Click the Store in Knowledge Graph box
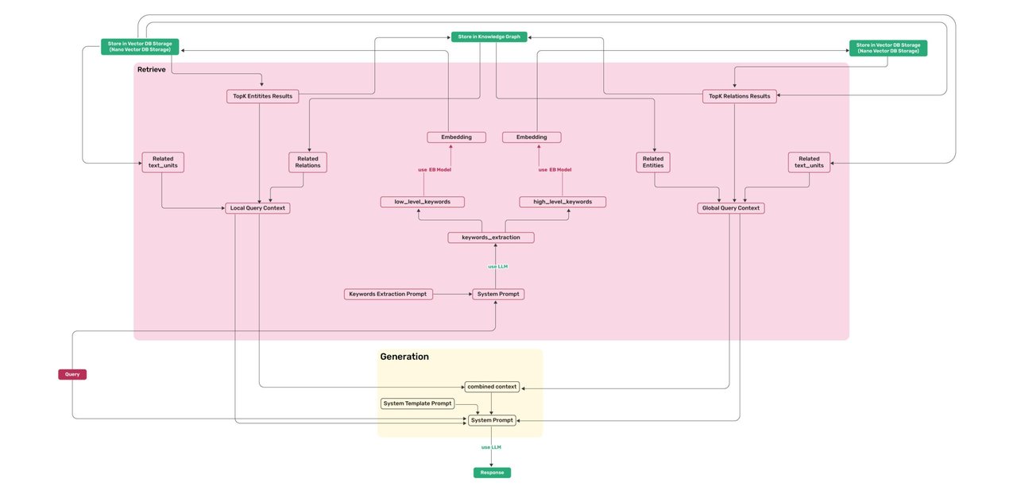(489, 37)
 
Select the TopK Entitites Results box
(262, 96)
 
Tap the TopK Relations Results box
(739, 96)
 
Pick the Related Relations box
(307, 162)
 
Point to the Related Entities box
(653, 162)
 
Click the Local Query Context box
(257, 208)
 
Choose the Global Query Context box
(731, 208)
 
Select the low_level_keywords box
(423, 202)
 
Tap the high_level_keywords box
(563, 202)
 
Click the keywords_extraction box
(491, 237)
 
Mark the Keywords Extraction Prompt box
(389, 294)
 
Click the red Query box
(72, 374)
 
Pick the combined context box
(492, 387)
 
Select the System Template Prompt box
(417, 403)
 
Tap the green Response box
(492, 473)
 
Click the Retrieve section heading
(152, 70)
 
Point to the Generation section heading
(404, 357)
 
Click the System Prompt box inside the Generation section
(491, 420)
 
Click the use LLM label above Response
(491, 447)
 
